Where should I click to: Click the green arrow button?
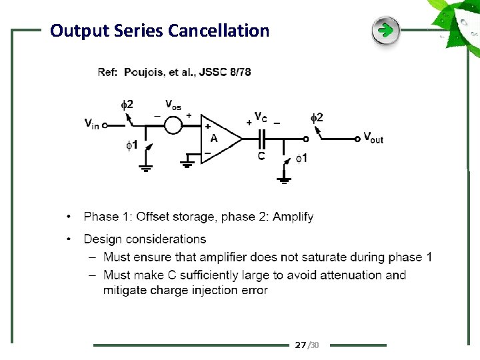385,31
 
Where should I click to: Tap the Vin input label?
91,123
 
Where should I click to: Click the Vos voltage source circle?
173,125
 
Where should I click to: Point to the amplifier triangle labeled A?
220,139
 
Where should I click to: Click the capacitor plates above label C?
262,139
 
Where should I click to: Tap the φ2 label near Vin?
126,104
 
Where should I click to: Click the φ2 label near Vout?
317,117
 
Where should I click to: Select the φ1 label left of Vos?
133,144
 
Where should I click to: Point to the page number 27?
300,345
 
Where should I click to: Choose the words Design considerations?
145,239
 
